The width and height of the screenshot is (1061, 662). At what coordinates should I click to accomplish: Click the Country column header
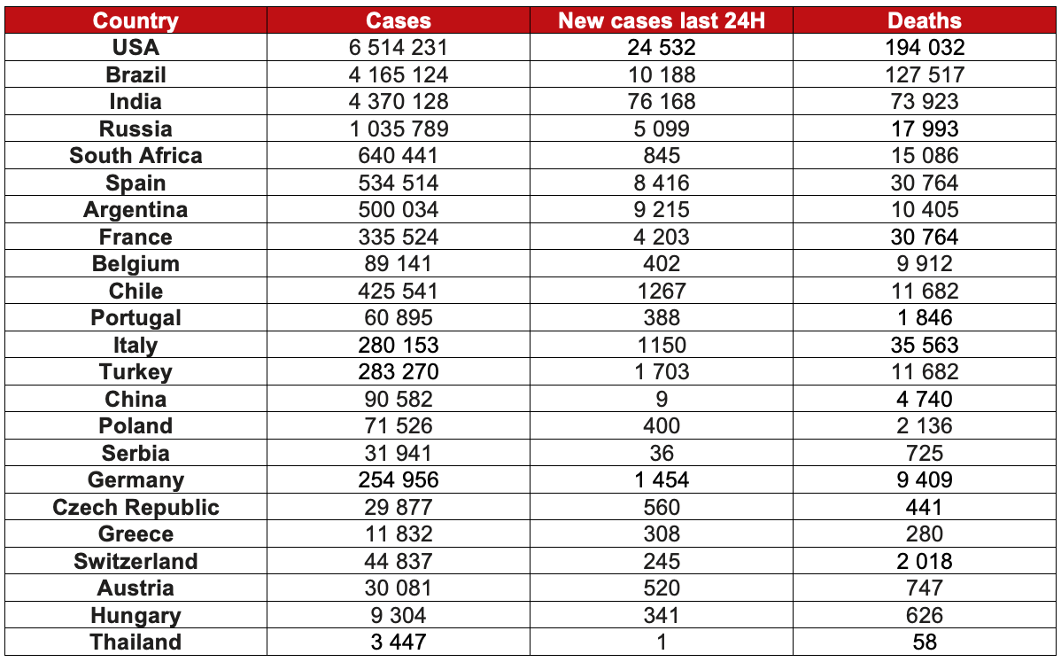136,20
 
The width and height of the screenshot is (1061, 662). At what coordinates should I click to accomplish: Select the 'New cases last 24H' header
662,20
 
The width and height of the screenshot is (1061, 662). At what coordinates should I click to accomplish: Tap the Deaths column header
925,20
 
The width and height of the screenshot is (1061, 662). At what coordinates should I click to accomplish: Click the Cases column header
399,20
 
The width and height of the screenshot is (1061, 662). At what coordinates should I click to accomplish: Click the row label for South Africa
136,156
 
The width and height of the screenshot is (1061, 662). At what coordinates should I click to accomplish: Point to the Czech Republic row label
136,508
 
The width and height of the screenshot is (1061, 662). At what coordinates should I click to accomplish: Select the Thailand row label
136,643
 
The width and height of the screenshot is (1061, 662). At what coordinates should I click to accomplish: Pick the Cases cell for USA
399,48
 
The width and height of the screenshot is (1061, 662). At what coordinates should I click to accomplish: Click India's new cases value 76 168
662,102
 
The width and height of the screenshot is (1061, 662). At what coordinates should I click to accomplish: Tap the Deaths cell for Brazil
925,74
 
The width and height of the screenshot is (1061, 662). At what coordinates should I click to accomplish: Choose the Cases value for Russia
399,129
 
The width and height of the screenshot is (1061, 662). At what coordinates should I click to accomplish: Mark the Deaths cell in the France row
925,237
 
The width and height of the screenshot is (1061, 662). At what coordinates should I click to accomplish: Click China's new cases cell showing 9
662,399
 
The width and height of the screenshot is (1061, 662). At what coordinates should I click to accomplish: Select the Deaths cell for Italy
925,345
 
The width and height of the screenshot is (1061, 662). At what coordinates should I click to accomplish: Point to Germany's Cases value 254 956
399,480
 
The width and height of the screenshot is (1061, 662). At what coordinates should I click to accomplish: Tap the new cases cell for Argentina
662,210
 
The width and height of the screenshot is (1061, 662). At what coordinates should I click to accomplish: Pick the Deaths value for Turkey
925,372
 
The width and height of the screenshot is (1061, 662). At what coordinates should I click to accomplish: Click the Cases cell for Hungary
399,616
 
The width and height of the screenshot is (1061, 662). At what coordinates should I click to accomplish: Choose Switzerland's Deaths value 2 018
925,562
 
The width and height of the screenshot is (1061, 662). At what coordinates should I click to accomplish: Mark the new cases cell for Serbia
662,453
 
